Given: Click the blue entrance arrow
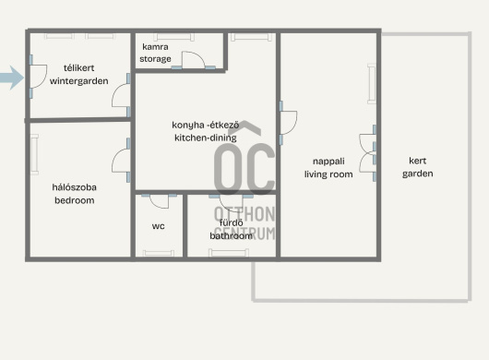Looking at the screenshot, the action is [11, 78].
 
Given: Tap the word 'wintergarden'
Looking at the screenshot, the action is [79, 81].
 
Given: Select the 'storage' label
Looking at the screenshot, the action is [155, 59].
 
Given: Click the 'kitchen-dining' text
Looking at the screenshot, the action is [206, 138].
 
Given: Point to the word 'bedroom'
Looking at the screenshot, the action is [75, 200].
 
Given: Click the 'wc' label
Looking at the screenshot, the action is [158, 226].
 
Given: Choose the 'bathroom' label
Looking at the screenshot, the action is [231, 235].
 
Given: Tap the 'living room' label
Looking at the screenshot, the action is [328, 174].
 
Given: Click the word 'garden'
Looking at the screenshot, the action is [418, 174].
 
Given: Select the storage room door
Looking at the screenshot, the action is [194, 60].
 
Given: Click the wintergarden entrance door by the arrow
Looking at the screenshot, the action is [38, 77].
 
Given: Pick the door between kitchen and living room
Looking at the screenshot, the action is [288, 123].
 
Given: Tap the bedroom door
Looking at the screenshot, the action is [121, 161].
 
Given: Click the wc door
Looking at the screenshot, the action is [160, 201].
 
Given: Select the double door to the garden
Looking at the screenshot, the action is [367, 153].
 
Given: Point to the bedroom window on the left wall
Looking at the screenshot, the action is [34, 154].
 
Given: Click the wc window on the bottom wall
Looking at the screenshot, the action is [159, 253].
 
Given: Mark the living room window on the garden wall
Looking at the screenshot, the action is [372, 84].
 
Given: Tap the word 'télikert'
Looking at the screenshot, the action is [79, 67].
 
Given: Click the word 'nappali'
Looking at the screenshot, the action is [328, 162].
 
